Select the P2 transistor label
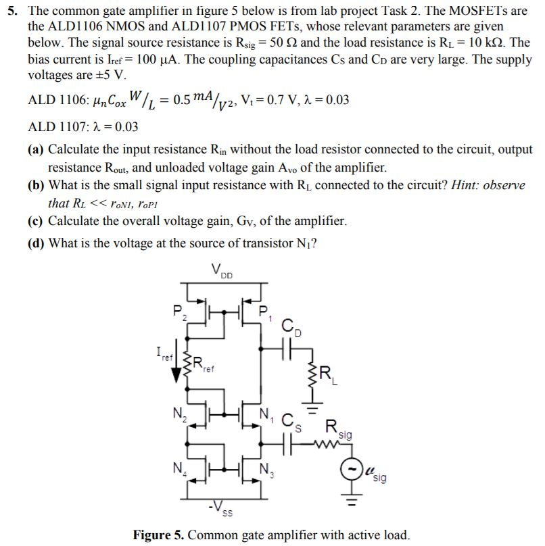pyautogui.click(x=177, y=312)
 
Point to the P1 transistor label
pyautogui.click(x=264, y=312)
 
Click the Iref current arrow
pyautogui.click(x=175, y=368)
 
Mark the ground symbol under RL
pyautogui.click(x=312, y=407)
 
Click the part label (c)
pyautogui.click(x=37, y=221)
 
